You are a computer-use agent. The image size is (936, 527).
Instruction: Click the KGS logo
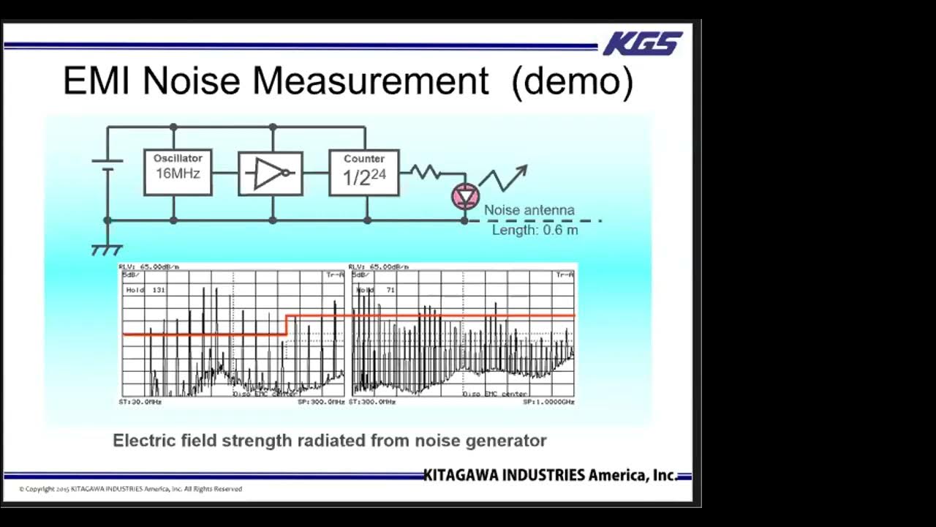pyautogui.click(x=643, y=44)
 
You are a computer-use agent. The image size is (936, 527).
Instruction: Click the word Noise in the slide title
pyautogui.click(x=191, y=81)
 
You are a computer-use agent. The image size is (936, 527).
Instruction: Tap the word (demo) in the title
pyautogui.click(x=573, y=81)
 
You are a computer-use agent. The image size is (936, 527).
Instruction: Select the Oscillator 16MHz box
pyautogui.click(x=178, y=173)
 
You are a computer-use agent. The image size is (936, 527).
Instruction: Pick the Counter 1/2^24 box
pyautogui.click(x=364, y=173)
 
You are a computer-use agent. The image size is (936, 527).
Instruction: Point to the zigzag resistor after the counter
pyautogui.click(x=425, y=172)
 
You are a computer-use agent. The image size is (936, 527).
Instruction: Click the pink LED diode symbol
pyautogui.click(x=465, y=196)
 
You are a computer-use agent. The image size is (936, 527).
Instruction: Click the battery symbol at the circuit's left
pyautogui.click(x=107, y=165)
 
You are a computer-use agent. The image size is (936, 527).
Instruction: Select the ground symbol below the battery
pyautogui.click(x=107, y=250)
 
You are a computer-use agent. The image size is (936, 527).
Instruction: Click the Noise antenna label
pyautogui.click(x=529, y=211)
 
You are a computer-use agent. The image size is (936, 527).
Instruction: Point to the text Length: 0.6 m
pyautogui.click(x=535, y=230)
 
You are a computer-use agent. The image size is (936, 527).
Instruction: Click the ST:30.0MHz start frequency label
pyautogui.click(x=140, y=402)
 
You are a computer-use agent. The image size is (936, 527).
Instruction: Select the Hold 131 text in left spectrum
pyautogui.click(x=146, y=291)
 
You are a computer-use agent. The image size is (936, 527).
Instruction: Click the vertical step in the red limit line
pyautogui.click(x=285, y=325)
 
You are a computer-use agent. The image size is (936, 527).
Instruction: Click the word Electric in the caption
pyautogui.click(x=143, y=441)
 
